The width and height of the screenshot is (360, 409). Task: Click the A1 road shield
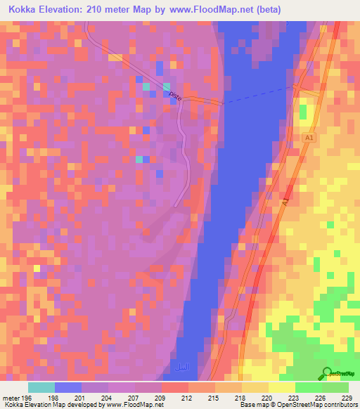(x=308, y=138)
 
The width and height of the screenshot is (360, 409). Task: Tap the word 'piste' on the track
(x=176, y=98)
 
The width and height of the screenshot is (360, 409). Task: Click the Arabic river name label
(x=180, y=367)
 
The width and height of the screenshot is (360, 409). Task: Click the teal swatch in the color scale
(x=41, y=387)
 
